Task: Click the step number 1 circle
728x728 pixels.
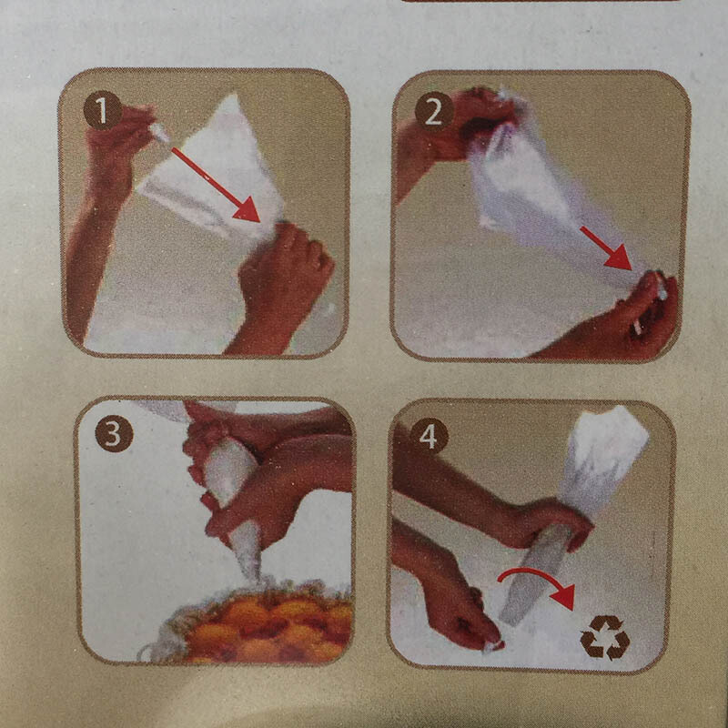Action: (102, 110)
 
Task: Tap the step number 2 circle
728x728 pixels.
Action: (434, 111)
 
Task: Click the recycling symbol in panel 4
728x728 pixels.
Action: (604, 637)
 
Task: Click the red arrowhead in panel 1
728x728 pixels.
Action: (247, 210)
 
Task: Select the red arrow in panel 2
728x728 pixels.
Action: (606, 248)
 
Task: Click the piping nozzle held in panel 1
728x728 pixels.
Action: (160, 132)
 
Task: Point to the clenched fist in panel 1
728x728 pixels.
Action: (283, 274)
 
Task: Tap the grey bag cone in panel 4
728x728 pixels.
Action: (534, 576)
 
